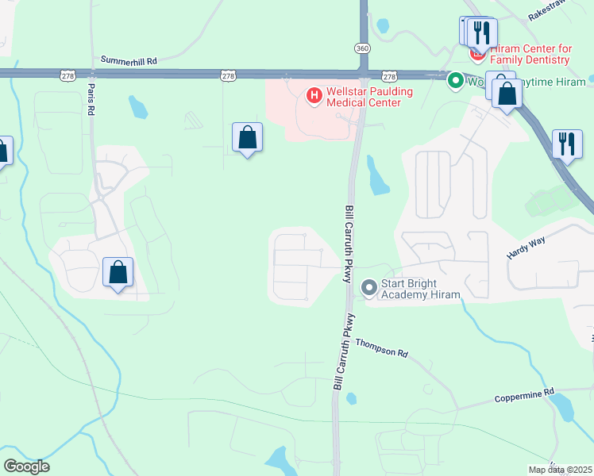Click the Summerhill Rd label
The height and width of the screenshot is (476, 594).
coord(129,59)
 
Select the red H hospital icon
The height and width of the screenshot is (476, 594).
coord(314,96)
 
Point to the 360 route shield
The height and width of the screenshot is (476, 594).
coord(362,48)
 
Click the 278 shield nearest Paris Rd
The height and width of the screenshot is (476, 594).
coord(67,75)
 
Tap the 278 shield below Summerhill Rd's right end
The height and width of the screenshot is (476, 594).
coord(228,75)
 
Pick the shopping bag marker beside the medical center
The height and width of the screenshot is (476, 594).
coord(248,137)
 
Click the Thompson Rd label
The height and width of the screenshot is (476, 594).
coord(381,347)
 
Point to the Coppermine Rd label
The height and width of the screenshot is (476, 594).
coord(523,394)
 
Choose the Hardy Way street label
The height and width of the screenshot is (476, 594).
coord(527,251)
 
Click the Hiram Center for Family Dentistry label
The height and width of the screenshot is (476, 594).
coord(531,54)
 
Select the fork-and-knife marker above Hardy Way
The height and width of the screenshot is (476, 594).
coord(567,144)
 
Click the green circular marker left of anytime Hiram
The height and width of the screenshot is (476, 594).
coord(456,80)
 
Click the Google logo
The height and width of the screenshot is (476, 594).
coord(26,466)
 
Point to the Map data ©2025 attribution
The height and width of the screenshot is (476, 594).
coord(561,470)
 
